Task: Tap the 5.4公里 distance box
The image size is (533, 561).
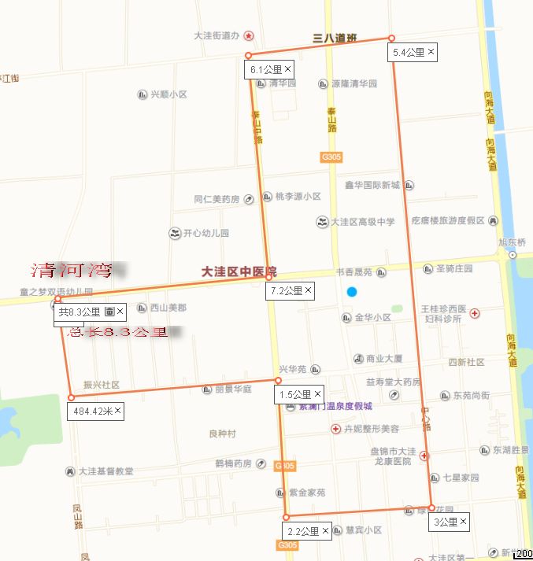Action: pos(409,53)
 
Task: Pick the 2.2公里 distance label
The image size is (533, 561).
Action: pos(303,532)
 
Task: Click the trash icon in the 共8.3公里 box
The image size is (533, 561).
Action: pos(109,312)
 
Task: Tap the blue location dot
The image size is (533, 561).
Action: pos(352,292)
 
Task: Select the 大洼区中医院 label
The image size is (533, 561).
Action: pos(233,271)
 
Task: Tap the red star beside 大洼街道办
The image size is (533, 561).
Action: pos(249,35)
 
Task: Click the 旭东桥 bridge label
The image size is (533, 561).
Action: pos(511,242)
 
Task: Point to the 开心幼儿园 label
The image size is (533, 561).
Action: pos(205,234)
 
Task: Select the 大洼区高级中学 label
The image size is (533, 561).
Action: pos(363,222)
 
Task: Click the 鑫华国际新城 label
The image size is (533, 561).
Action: pos(372,186)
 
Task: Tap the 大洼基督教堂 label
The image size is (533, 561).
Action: pos(105,471)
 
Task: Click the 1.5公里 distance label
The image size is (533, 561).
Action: pos(295,394)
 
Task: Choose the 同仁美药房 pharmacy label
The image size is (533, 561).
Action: pos(217,199)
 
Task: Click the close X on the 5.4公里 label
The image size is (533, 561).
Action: pos(431,52)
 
